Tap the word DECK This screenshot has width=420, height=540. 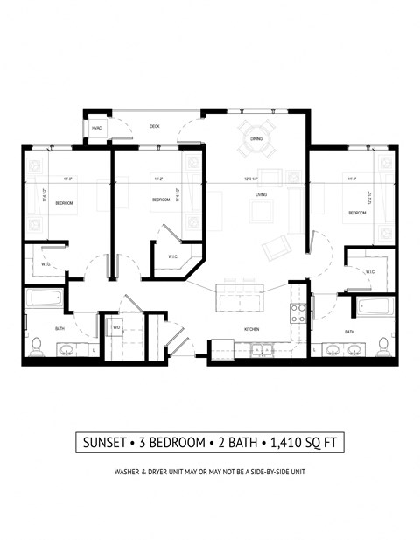tap(155, 127)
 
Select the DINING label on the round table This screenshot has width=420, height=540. tap(256, 138)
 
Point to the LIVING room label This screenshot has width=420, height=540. tap(261, 195)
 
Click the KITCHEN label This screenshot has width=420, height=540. tap(252, 329)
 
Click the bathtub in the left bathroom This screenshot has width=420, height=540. tap(43, 299)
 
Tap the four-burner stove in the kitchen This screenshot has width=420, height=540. tap(297, 312)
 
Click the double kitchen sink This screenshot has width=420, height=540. tap(259, 350)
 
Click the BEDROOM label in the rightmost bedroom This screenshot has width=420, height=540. tap(357, 213)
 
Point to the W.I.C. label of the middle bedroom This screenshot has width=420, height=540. tap(174, 256)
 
